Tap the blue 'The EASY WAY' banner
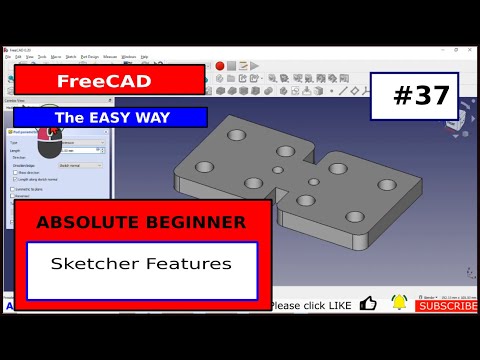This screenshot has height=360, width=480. tap(110, 117)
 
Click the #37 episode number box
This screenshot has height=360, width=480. tap(414, 96)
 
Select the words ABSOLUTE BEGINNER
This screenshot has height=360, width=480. tap(140, 220)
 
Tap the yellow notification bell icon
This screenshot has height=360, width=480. tap(400, 303)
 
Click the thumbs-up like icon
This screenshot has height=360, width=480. tap(368, 304)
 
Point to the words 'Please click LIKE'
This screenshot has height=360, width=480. tap(310, 305)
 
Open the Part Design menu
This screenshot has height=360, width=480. tap(90, 57)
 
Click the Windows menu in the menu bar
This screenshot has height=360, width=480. tap(129, 57)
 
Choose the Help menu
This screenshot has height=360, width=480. tap(145, 57)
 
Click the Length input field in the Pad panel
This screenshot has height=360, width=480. tap(80, 150)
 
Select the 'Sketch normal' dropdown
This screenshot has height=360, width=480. tap(80, 165)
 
